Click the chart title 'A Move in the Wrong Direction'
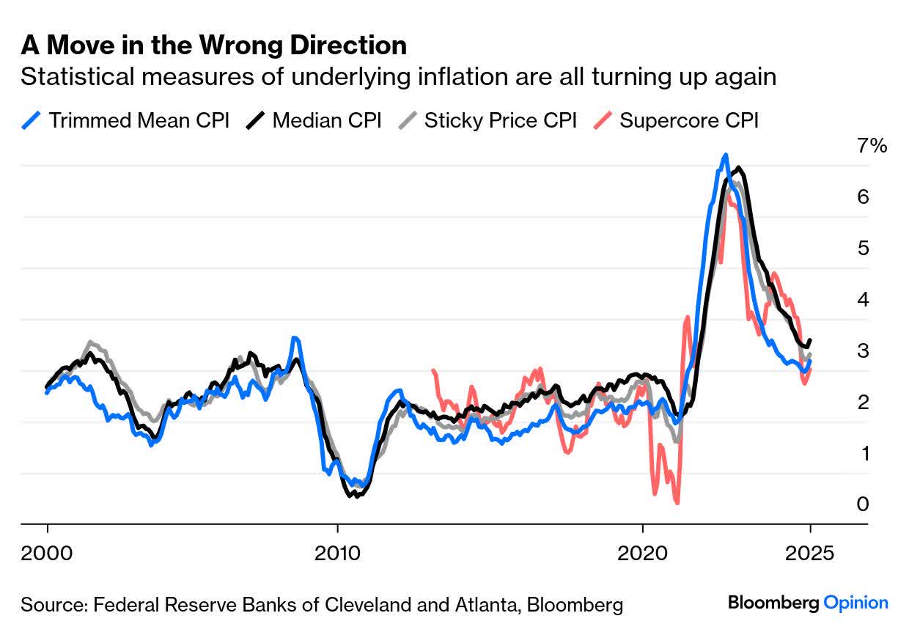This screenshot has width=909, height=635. [x=213, y=45]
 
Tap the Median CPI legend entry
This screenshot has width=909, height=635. [x=326, y=120]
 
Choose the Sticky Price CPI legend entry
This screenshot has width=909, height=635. [x=500, y=120]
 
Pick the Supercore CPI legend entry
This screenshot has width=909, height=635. [x=688, y=120]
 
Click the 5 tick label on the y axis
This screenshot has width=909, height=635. [x=863, y=248]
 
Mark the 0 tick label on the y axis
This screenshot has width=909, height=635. [x=863, y=504]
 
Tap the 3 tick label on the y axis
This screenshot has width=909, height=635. [x=863, y=350]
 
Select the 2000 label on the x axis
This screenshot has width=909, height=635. [x=48, y=552]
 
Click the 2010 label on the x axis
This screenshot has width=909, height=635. [x=337, y=552]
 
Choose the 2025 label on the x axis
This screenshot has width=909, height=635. [x=810, y=552]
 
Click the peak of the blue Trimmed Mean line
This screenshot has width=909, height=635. [x=725, y=155]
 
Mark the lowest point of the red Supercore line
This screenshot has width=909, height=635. [x=677, y=502]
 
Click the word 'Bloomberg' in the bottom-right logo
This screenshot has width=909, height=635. [x=773, y=603]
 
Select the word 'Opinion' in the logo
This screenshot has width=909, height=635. [x=856, y=603]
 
